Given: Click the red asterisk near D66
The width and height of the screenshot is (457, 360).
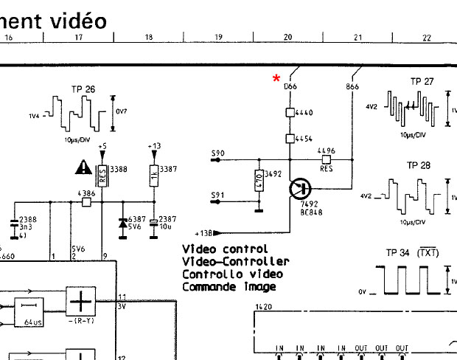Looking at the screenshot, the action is click(x=277, y=77).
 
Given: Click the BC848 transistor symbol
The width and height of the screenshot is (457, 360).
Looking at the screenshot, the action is click(x=300, y=188).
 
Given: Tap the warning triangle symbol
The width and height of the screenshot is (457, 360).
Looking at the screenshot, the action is click(x=82, y=168).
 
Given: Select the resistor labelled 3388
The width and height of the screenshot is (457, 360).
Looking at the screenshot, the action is click(x=103, y=175).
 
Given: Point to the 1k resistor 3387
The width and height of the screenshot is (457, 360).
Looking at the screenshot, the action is click(x=153, y=175).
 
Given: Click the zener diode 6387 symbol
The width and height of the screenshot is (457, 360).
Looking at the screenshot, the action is click(x=122, y=223).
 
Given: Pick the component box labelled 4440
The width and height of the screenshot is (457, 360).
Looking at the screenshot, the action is click(x=290, y=113).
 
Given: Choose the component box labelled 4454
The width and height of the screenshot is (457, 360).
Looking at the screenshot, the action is click(x=290, y=139).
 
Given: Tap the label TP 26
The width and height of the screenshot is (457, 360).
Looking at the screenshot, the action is click(x=83, y=89).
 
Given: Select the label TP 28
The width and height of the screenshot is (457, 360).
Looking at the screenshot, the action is click(x=418, y=165).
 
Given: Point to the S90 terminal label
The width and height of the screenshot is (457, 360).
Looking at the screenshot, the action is click(x=217, y=153).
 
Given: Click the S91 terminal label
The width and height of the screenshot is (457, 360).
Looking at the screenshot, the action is click(x=217, y=195).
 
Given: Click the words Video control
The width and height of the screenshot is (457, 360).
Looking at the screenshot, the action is click(x=225, y=249).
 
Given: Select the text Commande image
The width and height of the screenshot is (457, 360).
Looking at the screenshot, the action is click(x=228, y=286).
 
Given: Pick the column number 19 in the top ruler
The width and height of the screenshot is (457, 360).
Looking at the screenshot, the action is click(x=218, y=37).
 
